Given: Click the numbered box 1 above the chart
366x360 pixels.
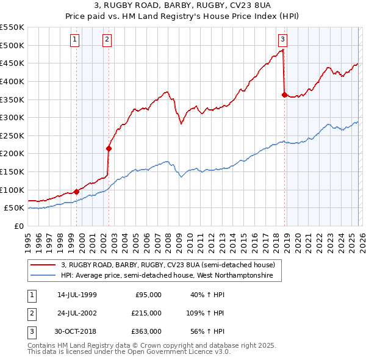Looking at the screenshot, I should pyautogui.click(x=74, y=41).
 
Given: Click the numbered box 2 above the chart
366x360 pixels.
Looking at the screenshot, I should pyautogui.click(x=107, y=41).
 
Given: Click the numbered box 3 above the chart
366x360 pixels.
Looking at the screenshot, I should pyautogui.click(x=283, y=41).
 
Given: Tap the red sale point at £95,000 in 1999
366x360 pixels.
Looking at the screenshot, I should pyautogui.click(x=76, y=192).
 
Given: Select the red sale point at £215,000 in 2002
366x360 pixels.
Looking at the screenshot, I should pyautogui.click(x=109, y=148).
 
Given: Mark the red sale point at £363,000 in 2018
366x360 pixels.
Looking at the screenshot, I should pyautogui.click(x=284, y=95).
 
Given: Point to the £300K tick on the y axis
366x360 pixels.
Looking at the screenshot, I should pyautogui.click(x=12, y=117).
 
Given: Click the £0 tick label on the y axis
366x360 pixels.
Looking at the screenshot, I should pyautogui.click(x=18, y=226).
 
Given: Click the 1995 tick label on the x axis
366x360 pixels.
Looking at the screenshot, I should pyautogui.click(x=27, y=239).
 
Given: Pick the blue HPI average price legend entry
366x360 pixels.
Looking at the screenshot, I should pyautogui.click(x=171, y=276).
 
